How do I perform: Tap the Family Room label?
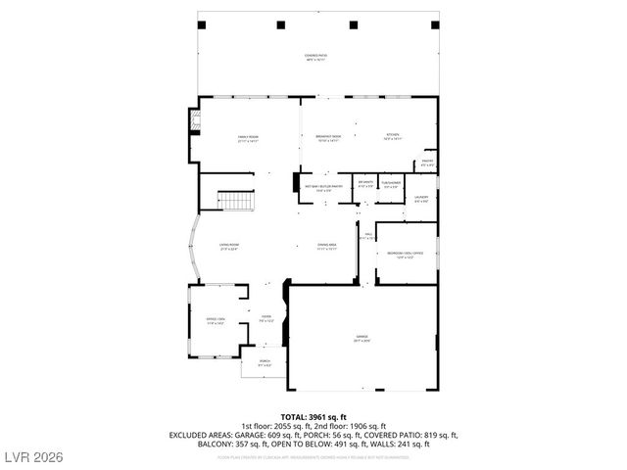[x=246, y=140]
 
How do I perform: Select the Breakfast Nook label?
[x=328, y=140]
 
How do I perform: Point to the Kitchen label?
[x=392, y=138]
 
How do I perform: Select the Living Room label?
[x=229, y=247]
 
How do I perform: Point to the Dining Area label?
[x=326, y=247]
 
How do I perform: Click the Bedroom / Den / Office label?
[x=405, y=256]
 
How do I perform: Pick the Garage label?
[x=362, y=338]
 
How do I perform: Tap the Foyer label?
[x=265, y=318]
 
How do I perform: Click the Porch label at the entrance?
[x=264, y=364]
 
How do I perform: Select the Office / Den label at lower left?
[x=215, y=320]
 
